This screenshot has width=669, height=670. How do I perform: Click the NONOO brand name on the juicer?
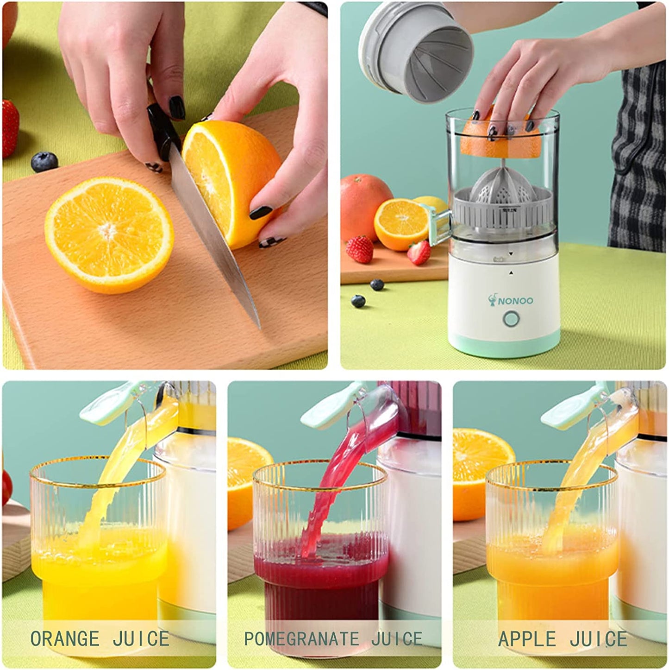515,301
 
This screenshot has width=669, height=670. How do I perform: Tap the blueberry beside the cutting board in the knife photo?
44,162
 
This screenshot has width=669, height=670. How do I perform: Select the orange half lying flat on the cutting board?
109,234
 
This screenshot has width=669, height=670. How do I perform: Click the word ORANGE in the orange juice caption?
64,638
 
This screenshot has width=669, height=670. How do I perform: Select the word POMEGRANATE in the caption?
301,638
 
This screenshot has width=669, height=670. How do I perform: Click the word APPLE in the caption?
526,638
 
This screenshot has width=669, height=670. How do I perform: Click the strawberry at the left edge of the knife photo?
10,127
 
